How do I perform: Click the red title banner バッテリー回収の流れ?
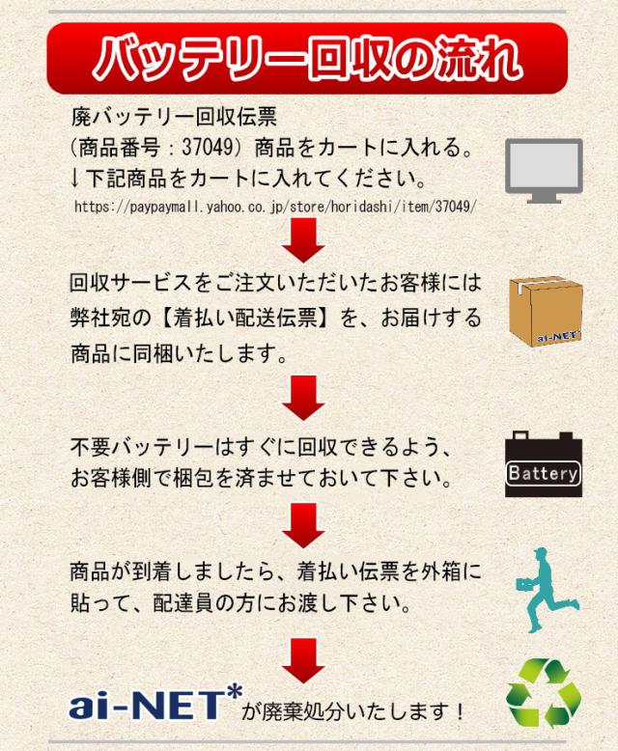[307, 58]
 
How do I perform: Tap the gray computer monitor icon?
[544, 171]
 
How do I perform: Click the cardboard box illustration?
[546, 311]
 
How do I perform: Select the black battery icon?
[544, 463]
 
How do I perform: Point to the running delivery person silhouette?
[547, 590]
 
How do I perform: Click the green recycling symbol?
[544, 692]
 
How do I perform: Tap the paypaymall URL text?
[275, 207]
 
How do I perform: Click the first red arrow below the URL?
[303, 240]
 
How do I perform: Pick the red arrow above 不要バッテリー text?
[303, 398]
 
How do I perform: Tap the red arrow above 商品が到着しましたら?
[303, 525]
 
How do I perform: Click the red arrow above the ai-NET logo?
[303, 660]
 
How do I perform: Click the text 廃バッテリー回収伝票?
[174, 117]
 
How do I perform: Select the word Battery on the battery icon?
[543, 473]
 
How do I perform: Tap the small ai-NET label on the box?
[558, 336]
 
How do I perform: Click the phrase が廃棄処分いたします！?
[353, 712]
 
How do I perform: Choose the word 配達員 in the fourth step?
[183, 603]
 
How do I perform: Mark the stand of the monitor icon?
[544, 198]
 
